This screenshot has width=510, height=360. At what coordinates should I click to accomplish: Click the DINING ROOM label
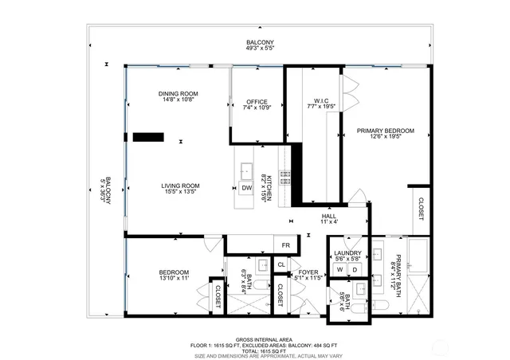point(177,94)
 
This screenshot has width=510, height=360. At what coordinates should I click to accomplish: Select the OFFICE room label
point(256,102)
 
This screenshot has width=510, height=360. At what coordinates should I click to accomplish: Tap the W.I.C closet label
point(321,101)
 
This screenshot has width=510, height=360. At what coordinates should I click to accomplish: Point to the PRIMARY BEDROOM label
point(385,131)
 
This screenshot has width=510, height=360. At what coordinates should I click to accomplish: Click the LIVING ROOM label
point(181,186)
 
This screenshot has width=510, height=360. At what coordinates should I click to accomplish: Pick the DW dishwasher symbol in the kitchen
point(247,187)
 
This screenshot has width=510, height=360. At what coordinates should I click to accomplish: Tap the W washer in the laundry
point(339,270)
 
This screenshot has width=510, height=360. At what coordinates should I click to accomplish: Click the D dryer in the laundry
point(355,270)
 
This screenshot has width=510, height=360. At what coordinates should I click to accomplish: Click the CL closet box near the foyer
point(281,264)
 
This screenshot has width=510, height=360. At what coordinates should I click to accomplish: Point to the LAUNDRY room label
point(348,252)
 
